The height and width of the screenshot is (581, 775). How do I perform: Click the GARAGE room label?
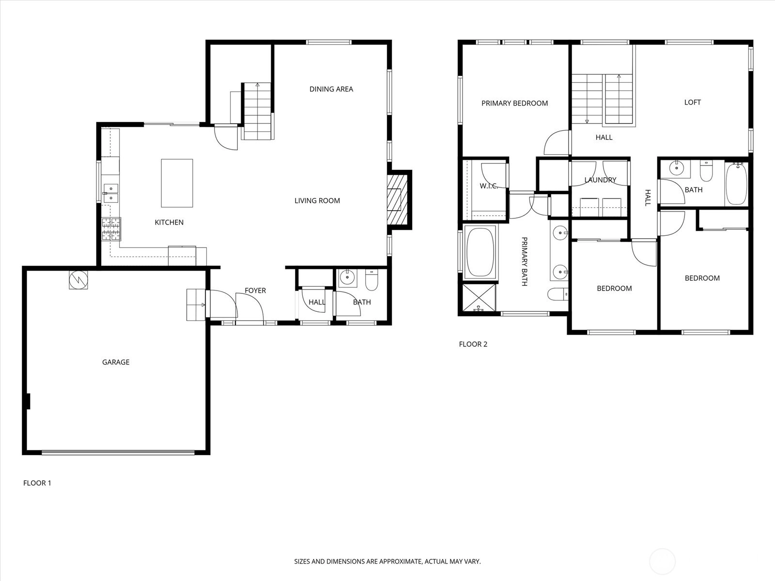116,362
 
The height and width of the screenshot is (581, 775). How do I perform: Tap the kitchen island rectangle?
177,183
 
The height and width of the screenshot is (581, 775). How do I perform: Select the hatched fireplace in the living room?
398,199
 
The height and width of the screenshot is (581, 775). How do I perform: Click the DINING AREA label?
331,89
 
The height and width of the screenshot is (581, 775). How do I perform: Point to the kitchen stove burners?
111,229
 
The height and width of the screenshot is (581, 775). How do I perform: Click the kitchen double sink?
111,193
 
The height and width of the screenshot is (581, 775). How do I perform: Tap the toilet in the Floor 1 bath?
372,280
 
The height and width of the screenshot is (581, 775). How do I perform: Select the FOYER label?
255,290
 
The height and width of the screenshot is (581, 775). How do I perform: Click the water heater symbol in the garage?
78,280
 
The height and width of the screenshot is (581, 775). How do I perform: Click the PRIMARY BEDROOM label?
514,103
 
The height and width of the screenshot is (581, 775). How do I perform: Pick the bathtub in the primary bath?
480,252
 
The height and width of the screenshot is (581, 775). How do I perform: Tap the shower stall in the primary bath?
479,298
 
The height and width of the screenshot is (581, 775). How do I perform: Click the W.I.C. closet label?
489,186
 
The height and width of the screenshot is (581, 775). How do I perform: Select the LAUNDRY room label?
600,180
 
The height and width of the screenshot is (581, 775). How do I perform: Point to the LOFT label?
692,102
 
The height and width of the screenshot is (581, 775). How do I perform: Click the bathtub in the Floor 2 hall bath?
737,183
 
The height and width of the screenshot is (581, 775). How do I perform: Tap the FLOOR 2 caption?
473,344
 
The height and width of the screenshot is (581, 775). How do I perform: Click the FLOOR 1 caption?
37,483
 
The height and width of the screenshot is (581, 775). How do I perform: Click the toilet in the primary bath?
558,294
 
